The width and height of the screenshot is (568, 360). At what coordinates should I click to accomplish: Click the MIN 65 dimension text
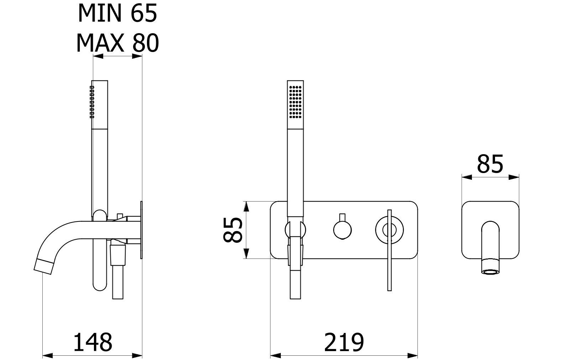[118, 13]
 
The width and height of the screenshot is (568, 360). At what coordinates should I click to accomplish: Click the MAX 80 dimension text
[118, 43]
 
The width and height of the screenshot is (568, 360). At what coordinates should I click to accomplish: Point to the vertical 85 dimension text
[233, 230]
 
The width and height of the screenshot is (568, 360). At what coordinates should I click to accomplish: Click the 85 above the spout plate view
[490, 164]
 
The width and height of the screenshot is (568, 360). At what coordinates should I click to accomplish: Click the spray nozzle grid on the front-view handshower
[295, 102]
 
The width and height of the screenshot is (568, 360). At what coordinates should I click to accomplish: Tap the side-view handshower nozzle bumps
[92, 102]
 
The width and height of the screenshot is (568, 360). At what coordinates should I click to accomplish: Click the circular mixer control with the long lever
[389, 230]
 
